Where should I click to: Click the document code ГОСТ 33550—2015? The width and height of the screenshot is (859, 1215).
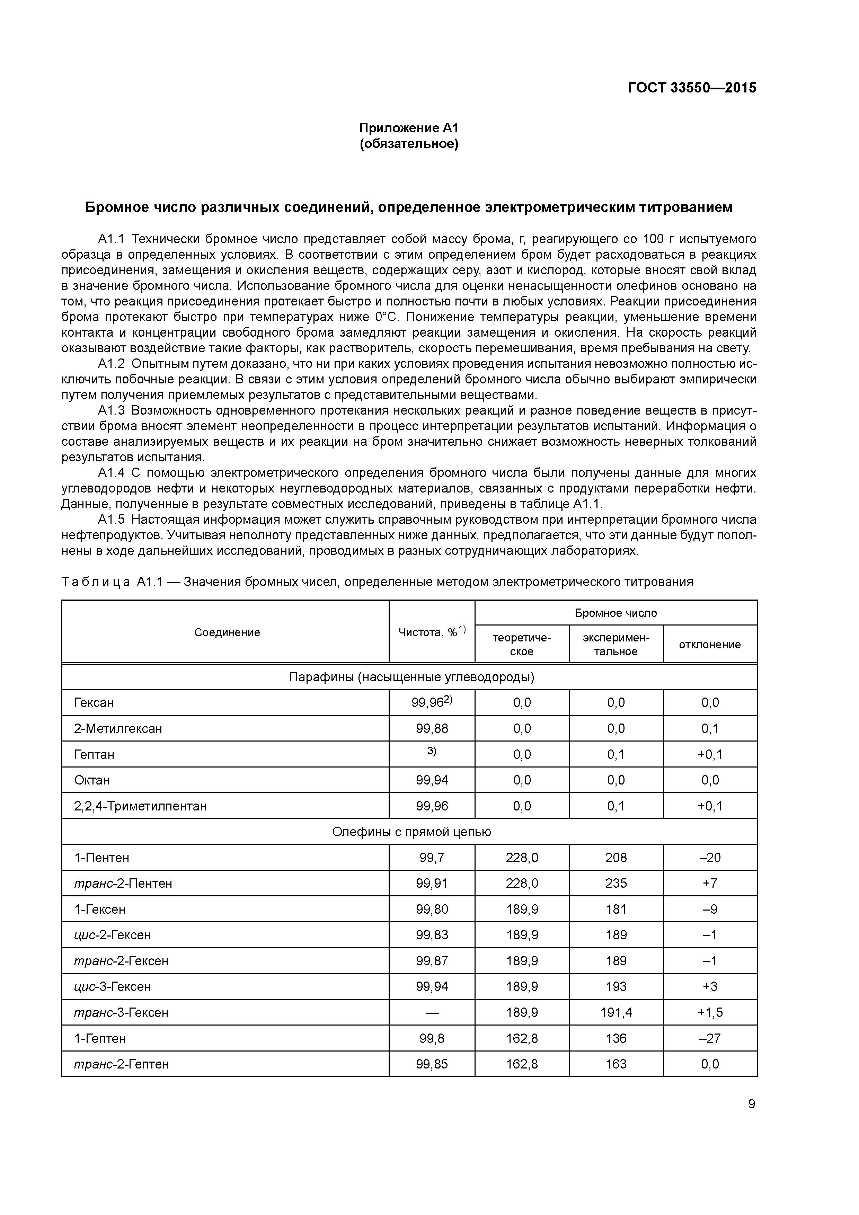click(x=692, y=88)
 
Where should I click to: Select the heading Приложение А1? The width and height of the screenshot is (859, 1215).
click(x=409, y=128)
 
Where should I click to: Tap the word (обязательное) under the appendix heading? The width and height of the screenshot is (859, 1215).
click(x=409, y=144)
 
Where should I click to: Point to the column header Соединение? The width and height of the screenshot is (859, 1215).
click(x=227, y=632)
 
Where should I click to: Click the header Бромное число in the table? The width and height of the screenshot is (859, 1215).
click(x=616, y=613)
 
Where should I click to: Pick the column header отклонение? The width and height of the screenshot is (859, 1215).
click(x=710, y=645)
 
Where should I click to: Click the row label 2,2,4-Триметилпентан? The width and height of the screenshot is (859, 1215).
click(x=141, y=806)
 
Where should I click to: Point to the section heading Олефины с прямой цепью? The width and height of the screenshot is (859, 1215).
click(x=411, y=832)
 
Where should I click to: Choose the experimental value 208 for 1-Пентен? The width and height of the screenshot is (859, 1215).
click(x=616, y=858)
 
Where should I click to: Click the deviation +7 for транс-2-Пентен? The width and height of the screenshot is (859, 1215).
click(x=710, y=883)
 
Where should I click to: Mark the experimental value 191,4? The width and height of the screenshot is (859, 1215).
click(x=616, y=1012)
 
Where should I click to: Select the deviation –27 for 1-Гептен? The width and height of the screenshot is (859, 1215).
click(x=710, y=1038)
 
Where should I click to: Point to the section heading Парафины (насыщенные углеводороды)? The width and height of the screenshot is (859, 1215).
click(x=411, y=677)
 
